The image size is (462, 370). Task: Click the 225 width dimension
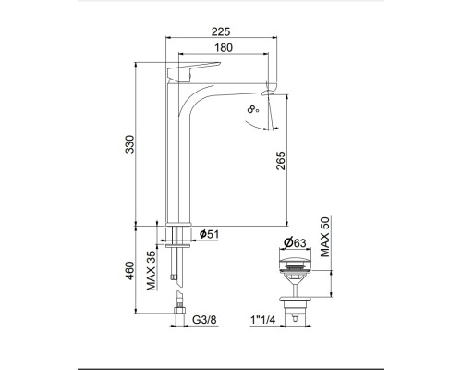point(221,31)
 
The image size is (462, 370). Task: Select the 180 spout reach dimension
point(224,48)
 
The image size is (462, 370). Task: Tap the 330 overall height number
point(130,144)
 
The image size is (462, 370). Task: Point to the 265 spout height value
point(281,160)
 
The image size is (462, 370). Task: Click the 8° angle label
point(253,109)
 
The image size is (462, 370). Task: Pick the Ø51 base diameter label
point(209,234)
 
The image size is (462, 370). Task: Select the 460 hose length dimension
point(130,271)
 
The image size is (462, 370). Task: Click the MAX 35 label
point(151,270)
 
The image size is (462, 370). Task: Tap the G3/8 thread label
point(204,320)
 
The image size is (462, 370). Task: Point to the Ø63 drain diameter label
point(295,242)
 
